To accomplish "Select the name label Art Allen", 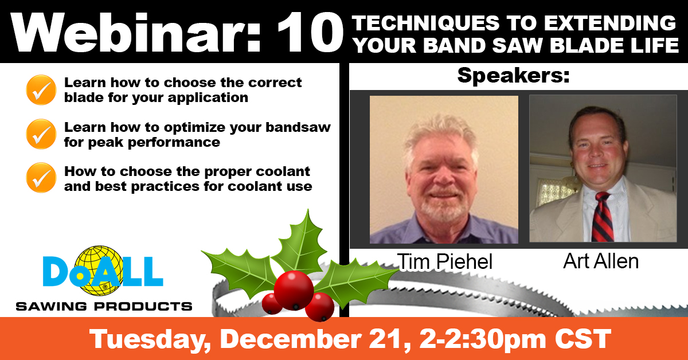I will pos(601,261).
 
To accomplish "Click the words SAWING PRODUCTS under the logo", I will pos(104,307).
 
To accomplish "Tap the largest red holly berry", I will pos(294,290).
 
